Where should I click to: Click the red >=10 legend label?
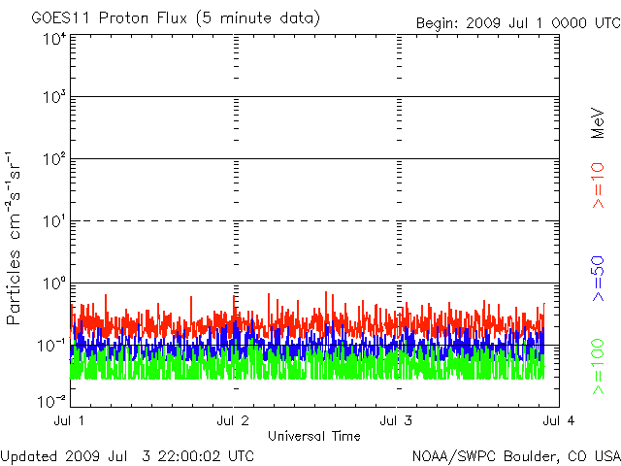coord(599,185)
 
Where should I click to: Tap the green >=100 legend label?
coord(599,365)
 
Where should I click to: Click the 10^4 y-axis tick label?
coord(53,40)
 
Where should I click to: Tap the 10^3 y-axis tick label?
coord(53,98)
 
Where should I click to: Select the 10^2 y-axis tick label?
coord(53,160)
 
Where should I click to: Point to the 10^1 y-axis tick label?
coord(53,222)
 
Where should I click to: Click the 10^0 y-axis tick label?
coord(53,284)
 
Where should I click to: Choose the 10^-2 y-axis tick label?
coord(52,399)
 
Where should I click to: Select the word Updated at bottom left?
coord(28,455)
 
